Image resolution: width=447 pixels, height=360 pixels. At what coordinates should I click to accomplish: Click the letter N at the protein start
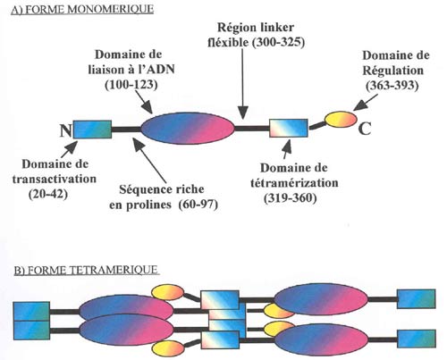[x=66, y=130]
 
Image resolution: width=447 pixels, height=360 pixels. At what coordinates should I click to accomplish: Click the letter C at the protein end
[x=365, y=129]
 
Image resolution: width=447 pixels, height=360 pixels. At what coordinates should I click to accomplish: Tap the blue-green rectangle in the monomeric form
[x=92, y=130]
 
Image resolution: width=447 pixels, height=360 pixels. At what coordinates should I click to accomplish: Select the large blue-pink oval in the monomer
[x=188, y=129]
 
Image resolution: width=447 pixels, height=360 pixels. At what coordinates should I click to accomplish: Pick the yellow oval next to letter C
[x=341, y=119]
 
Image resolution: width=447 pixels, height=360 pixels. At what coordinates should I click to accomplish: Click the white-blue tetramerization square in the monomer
[x=289, y=129]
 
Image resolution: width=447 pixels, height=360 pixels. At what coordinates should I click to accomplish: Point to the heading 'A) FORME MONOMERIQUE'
[x=82, y=10]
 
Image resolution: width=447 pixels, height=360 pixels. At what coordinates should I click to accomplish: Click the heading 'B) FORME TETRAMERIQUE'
[x=86, y=270]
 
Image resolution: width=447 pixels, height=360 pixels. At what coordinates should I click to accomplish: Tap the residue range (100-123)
[x=131, y=85]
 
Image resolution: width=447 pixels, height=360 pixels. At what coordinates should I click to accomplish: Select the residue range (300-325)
[x=278, y=43]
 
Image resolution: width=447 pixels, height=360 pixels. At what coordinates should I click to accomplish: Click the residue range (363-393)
[x=392, y=86]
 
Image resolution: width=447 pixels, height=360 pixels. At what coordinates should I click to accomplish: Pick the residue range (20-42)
[x=48, y=195]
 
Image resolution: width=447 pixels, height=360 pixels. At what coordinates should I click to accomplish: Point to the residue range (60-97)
[x=198, y=205]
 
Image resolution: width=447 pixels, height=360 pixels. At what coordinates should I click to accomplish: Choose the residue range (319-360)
[x=291, y=198]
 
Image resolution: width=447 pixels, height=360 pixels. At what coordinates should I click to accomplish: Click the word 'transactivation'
[x=55, y=179]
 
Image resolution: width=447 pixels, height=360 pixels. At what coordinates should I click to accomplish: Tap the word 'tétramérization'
[x=294, y=183]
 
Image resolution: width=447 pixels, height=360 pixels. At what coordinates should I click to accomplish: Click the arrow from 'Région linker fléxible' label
[x=243, y=84]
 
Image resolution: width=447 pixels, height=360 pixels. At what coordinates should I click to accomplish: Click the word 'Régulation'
[x=392, y=71]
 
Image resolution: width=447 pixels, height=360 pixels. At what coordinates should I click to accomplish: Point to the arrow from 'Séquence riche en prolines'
[x=149, y=160]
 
